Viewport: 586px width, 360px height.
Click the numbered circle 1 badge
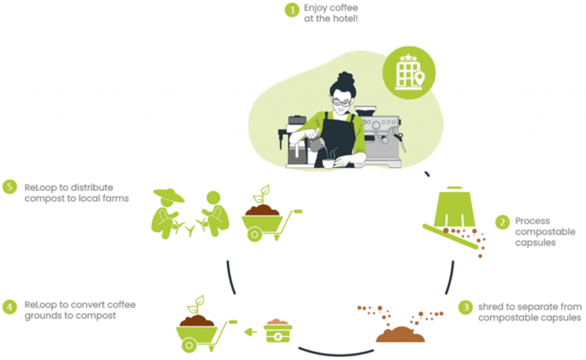(x=292, y=10)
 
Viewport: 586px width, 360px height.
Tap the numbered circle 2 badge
(x=502, y=222)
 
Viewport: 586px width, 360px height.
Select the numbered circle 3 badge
(x=466, y=307)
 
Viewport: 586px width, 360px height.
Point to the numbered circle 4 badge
(x=10, y=306)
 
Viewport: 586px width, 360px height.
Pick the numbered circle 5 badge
(x=10, y=188)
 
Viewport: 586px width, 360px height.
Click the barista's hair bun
(x=346, y=77)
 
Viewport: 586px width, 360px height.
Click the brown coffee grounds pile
(x=400, y=334)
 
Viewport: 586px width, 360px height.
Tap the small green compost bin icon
(x=278, y=332)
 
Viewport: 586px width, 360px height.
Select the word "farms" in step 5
(x=117, y=198)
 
